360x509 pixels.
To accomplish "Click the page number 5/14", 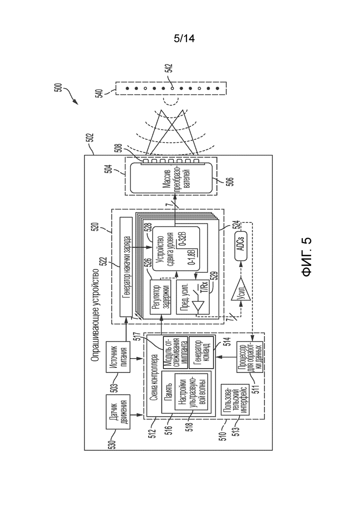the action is coord(184,39).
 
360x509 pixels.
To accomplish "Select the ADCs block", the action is coord(240,246).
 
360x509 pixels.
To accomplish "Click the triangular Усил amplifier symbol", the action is coord(240,289).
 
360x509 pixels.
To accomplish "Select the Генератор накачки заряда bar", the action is coord(126,267).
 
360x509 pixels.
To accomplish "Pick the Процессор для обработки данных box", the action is coord(250,357).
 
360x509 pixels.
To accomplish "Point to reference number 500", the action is coord(58,89).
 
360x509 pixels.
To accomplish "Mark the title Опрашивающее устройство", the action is coord(95,314).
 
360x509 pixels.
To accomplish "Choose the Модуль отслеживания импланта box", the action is coord(175,352).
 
